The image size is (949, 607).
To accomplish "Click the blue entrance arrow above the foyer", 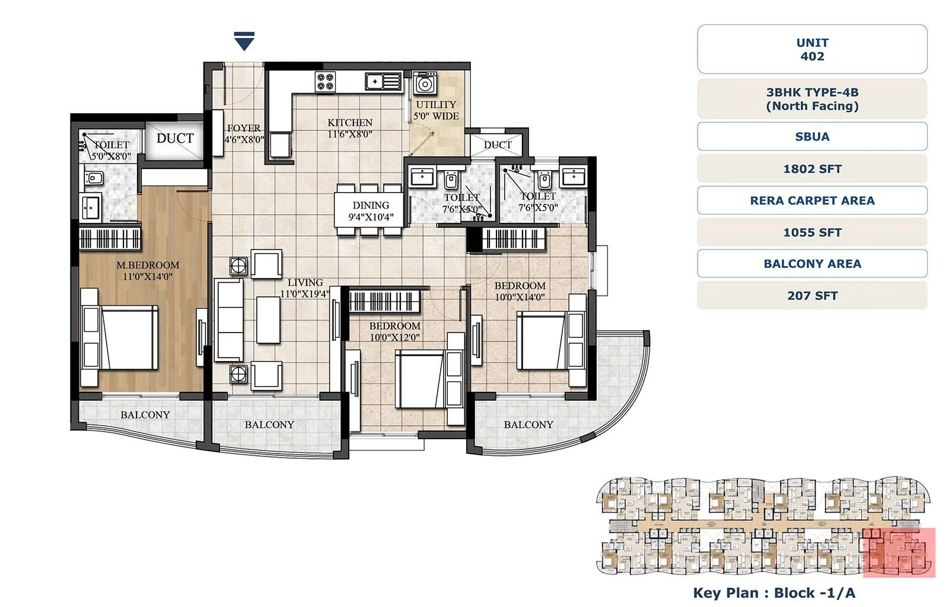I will (244, 41).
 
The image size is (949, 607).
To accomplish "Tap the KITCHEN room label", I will (350, 123).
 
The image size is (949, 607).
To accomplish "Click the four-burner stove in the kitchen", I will (325, 81).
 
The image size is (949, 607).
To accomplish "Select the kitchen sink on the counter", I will (384, 81).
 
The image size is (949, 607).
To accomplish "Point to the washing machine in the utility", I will (425, 84).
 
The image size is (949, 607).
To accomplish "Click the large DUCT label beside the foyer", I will (175, 138).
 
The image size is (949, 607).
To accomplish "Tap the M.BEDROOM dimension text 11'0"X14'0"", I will (147, 276).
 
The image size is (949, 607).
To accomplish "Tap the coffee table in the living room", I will (268, 320).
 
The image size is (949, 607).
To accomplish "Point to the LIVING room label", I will (305, 283).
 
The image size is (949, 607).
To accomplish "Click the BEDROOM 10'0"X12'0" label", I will (394, 331).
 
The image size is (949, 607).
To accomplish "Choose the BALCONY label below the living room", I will (269, 424).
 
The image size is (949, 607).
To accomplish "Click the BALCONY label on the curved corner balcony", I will (528, 424).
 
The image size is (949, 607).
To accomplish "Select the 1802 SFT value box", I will (812, 169).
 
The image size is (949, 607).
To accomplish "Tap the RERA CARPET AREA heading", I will (812, 200).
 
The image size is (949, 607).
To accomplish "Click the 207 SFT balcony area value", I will (812, 296).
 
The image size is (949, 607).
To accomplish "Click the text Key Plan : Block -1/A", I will (774, 593).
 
